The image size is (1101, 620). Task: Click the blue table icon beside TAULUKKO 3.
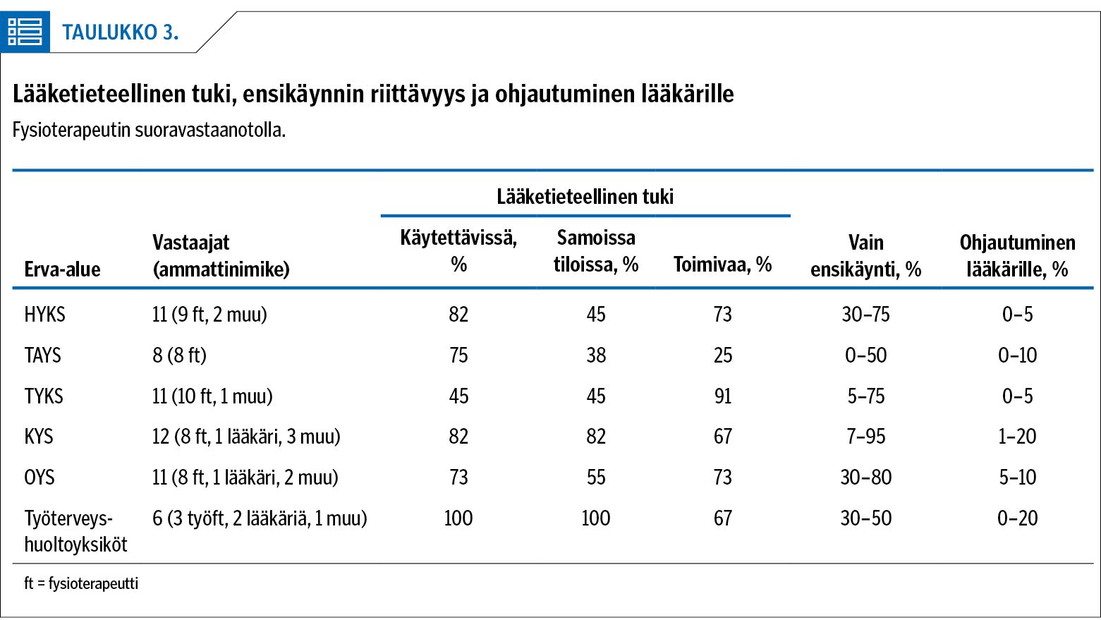click(25, 32)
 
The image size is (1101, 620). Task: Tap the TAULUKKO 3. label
click(120, 32)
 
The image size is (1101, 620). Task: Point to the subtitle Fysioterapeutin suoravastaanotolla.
click(149, 130)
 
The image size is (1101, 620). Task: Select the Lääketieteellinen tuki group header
click(585, 197)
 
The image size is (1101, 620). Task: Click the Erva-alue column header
click(63, 269)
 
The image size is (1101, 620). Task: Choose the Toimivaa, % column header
click(722, 265)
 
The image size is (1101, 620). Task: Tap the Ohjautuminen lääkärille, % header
click(1018, 255)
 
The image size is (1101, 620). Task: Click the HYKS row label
click(44, 314)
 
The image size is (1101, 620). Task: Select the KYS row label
click(38, 436)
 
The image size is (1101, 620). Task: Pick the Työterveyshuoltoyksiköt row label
click(75, 532)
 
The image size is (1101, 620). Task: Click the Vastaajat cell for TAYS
click(179, 355)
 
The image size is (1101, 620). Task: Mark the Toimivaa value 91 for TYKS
click(722, 396)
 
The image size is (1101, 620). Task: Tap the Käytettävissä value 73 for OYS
click(458, 477)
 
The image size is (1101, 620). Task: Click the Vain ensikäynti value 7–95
click(865, 436)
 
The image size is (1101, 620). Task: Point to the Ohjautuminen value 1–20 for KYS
click(1018, 436)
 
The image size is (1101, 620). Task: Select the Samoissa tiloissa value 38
click(596, 355)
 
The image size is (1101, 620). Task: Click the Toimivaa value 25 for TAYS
click(722, 355)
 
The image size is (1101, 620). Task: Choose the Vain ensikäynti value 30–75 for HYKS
click(865, 314)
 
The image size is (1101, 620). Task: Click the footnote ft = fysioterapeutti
click(81, 583)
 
